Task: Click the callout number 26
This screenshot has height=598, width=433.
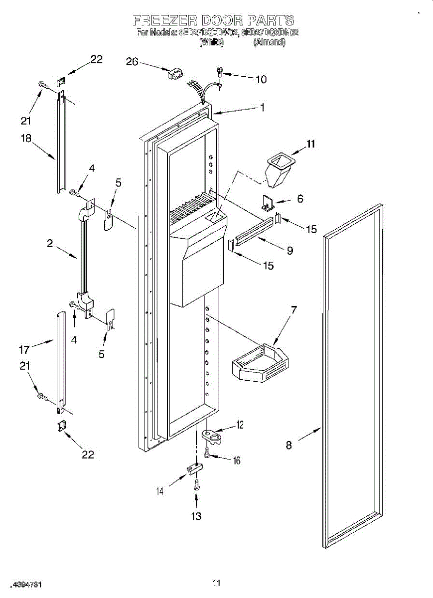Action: click(132, 62)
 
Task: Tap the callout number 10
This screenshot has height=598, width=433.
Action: click(261, 79)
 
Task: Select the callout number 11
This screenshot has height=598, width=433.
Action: click(311, 145)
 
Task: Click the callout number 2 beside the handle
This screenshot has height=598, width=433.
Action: click(50, 243)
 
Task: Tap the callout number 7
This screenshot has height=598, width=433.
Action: click(294, 310)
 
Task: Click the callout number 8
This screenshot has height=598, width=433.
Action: click(289, 445)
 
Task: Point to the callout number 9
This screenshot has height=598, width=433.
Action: click(289, 251)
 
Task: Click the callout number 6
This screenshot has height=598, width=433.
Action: click(300, 198)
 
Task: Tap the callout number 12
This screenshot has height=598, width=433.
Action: click(240, 425)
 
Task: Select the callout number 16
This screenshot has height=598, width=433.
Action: click(236, 461)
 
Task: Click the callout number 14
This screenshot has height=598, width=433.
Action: click(160, 491)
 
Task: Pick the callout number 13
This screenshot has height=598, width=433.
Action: click(196, 516)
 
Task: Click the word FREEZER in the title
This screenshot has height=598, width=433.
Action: click(164, 20)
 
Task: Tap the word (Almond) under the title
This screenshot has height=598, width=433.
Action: click(269, 43)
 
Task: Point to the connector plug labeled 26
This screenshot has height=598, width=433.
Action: click(174, 75)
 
